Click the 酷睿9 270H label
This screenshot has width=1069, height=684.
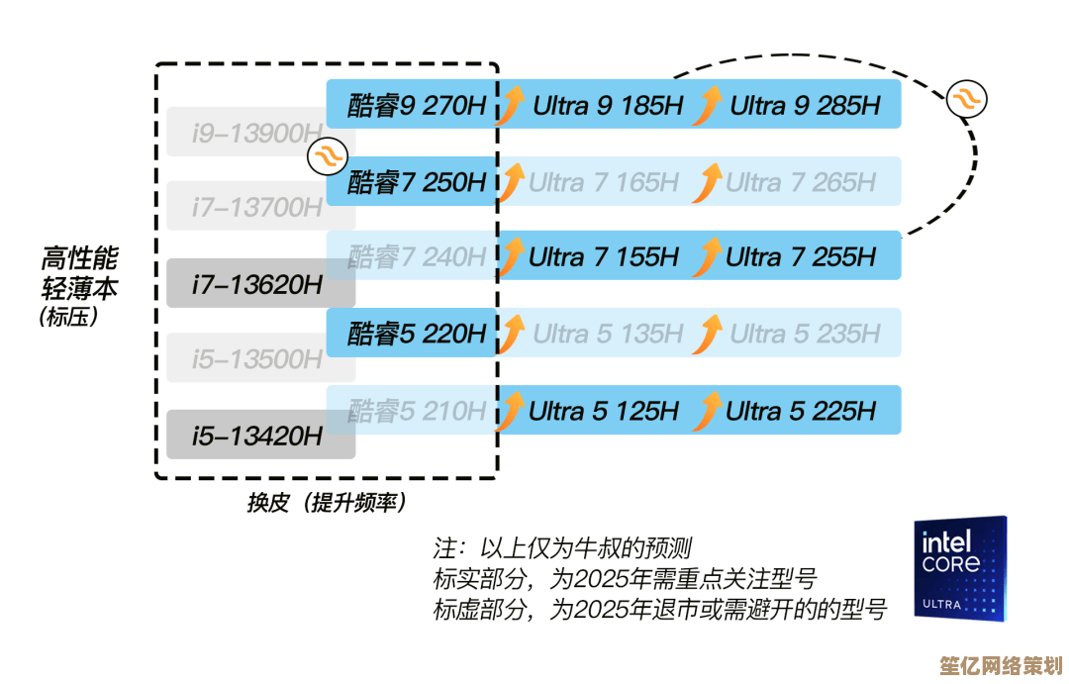pos(417,105)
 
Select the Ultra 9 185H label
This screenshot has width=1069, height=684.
pos(607,105)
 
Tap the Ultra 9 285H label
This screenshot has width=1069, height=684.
pos(805,105)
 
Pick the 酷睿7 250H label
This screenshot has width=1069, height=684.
pos(417,182)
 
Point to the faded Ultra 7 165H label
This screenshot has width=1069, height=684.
pos(604,182)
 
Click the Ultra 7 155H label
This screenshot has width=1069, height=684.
pos(604,257)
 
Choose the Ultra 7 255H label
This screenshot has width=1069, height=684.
pos(801,257)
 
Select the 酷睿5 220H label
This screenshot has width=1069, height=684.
pos(417,335)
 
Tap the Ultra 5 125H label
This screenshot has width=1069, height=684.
pos(604,410)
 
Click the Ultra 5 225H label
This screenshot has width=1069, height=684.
pos(801,410)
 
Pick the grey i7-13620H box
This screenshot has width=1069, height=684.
pos(259,284)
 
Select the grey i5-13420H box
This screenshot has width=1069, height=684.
pos(259,435)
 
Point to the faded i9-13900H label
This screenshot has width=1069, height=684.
pos(257,133)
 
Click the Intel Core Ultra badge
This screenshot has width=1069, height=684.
pos(959,568)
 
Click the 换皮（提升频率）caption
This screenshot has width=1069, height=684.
pos(327,503)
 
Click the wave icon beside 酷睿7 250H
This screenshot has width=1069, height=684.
pos(327,155)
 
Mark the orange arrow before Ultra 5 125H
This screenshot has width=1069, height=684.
pos(511,411)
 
